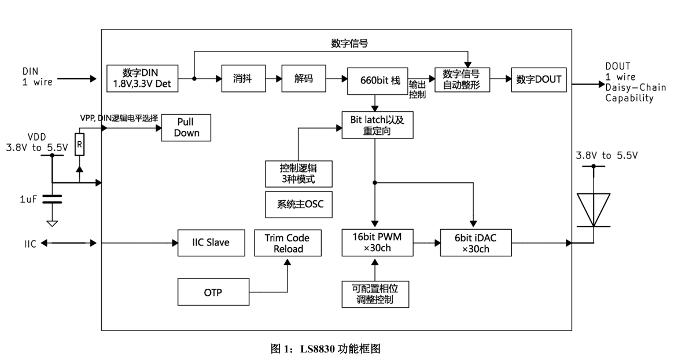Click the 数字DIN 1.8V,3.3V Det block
[x=143, y=79]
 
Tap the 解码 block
[x=303, y=79]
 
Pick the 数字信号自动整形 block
[x=462, y=79]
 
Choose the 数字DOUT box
[x=539, y=79]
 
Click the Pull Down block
[x=186, y=128]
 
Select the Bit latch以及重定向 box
[x=377, y=124]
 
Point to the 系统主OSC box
[x=299, y=204]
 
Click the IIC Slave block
[x=211, y=243]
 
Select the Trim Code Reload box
[x=286, y=243]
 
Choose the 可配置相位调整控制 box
[x=375, y=293]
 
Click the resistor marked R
[x=79, y=144]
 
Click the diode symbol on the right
[x=593, y=210]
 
